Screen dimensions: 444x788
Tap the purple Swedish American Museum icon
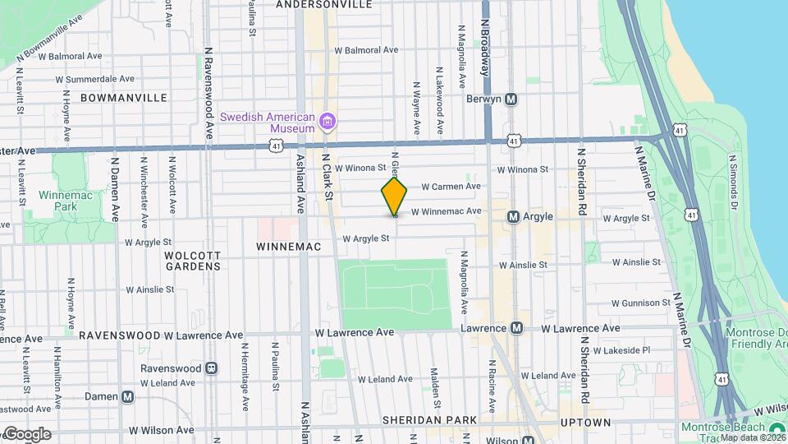(x=328, y=123)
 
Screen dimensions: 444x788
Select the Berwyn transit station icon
(x=511, y=99)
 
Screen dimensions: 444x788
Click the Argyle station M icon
(x=513, y=217)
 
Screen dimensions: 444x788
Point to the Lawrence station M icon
(x=516, y=328)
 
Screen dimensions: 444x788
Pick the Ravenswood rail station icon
(x=212, y=368)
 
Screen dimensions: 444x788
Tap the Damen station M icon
(x=127, y=396)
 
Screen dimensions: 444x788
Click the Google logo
(x=26, y=433)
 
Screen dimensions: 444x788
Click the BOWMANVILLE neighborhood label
(x=124, y=98)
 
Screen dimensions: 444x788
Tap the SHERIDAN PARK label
(x=429, y=421)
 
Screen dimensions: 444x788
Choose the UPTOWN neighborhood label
(x=585, y=423)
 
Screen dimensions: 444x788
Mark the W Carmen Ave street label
(x=451, y=187)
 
